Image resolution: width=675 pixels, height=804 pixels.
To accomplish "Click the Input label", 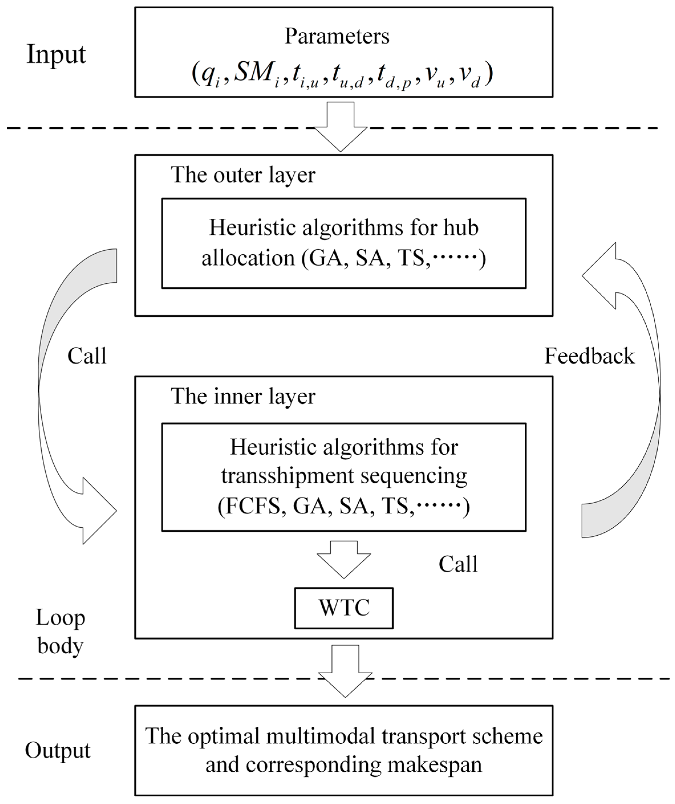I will pos(56,55).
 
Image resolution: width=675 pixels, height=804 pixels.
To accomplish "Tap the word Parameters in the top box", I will pos(337,37).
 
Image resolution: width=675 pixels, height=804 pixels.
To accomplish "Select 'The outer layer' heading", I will pos(243,175).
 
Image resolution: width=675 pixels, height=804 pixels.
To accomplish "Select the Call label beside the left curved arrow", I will pos(87,356).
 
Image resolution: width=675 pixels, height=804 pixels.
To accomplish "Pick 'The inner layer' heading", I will pos(243,396).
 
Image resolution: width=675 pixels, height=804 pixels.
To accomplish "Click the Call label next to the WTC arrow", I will pos(458,564).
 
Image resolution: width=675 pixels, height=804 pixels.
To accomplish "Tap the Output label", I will pos(58,750).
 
